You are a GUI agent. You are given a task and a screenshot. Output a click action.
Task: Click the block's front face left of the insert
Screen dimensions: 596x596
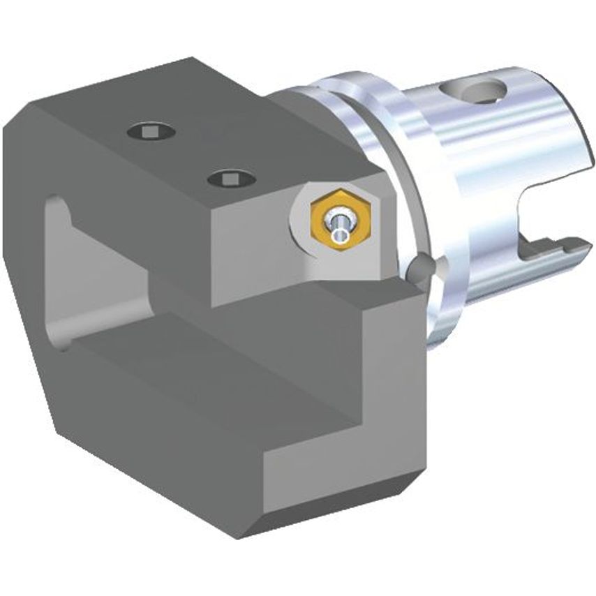pos(251,251)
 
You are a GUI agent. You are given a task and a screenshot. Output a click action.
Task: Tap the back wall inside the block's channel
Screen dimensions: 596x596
pos(105,279)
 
